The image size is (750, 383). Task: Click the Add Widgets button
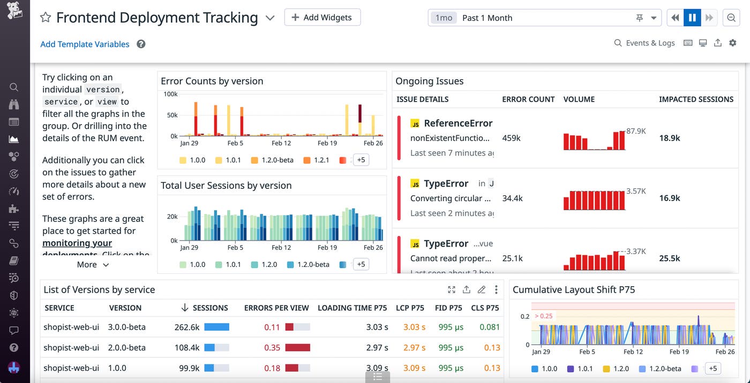point(322,17)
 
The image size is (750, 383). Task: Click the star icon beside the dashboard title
point(46,18)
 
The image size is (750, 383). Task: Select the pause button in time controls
point(692,18)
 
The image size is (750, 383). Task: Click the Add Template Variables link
point(85,44)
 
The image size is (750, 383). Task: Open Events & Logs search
point(644,43)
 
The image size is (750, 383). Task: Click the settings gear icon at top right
point(733,43)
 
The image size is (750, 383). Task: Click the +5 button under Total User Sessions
point(361,264)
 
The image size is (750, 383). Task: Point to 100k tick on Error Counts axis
point(170,94)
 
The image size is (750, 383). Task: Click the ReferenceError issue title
point(458,123)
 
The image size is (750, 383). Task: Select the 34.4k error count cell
point(512,198)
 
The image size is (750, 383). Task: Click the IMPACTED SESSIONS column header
point(696,99)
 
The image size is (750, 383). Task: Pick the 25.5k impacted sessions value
point(670,258)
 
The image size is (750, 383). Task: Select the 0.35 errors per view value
point(272,348)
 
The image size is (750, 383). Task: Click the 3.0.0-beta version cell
point(127,327)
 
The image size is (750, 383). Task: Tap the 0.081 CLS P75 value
point(489,327)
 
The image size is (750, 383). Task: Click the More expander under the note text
point(93,264)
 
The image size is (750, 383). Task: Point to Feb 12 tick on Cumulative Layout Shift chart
point(633,351)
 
